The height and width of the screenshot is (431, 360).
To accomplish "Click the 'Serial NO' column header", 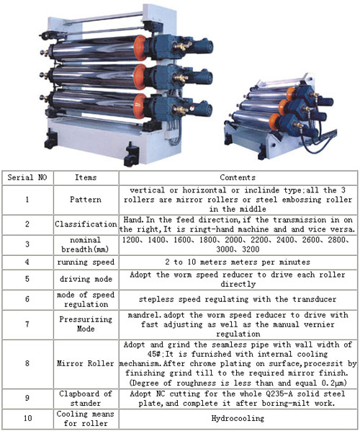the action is pos(27,177).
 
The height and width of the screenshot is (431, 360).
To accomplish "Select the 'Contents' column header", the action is pos(238,177).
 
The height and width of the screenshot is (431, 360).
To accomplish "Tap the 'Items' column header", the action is pos(86,177).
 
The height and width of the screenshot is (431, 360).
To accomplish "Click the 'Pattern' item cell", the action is pos(86,199).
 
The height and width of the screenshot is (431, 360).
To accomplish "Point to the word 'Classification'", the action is pos(86,224).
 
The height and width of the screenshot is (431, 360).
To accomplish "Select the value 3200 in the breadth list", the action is pos(251,249).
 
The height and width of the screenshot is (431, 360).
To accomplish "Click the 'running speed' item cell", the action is pos(86,262).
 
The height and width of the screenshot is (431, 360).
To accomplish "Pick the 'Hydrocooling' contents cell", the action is pos(238,418).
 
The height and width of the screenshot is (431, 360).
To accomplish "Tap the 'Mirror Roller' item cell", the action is pos(86,363).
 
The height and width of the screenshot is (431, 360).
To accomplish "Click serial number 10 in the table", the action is pos(27,418).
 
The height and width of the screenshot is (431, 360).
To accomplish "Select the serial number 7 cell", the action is pos(27,324).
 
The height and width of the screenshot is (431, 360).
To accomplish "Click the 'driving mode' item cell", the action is pos(86,279).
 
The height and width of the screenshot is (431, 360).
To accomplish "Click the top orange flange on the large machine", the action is pos(140,48).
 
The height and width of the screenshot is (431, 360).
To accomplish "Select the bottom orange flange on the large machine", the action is pos(140,106).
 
